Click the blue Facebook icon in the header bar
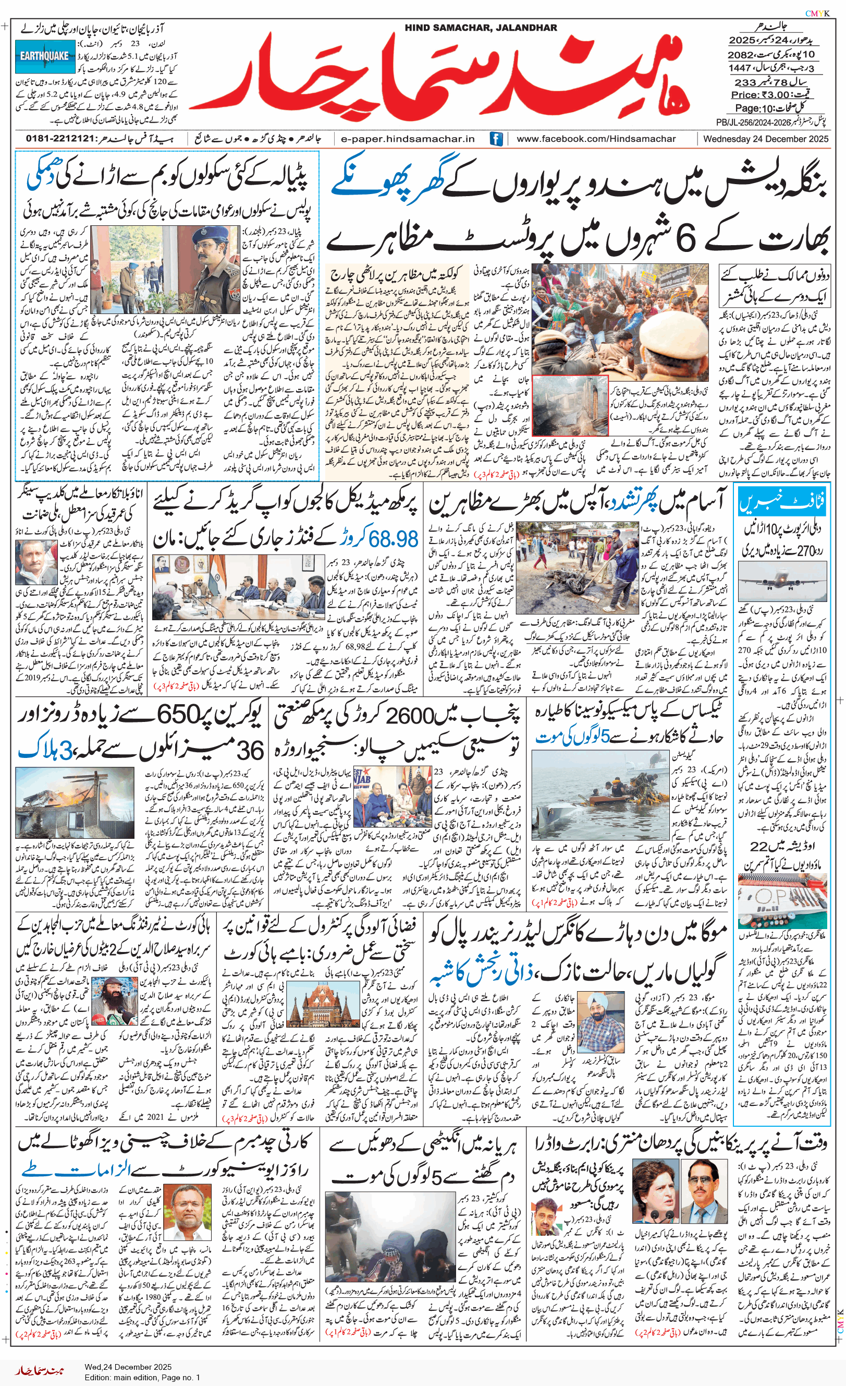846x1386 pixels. [496, 139]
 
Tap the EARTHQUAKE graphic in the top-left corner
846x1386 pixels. [44, 56]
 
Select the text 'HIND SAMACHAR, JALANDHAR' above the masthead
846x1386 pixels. [481, 28]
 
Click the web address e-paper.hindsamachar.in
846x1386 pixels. [408, 139]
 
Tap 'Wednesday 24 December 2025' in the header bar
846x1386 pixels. [766, 139]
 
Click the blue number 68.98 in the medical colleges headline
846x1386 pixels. [394, 539]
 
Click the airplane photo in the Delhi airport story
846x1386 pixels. [782, 581]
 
